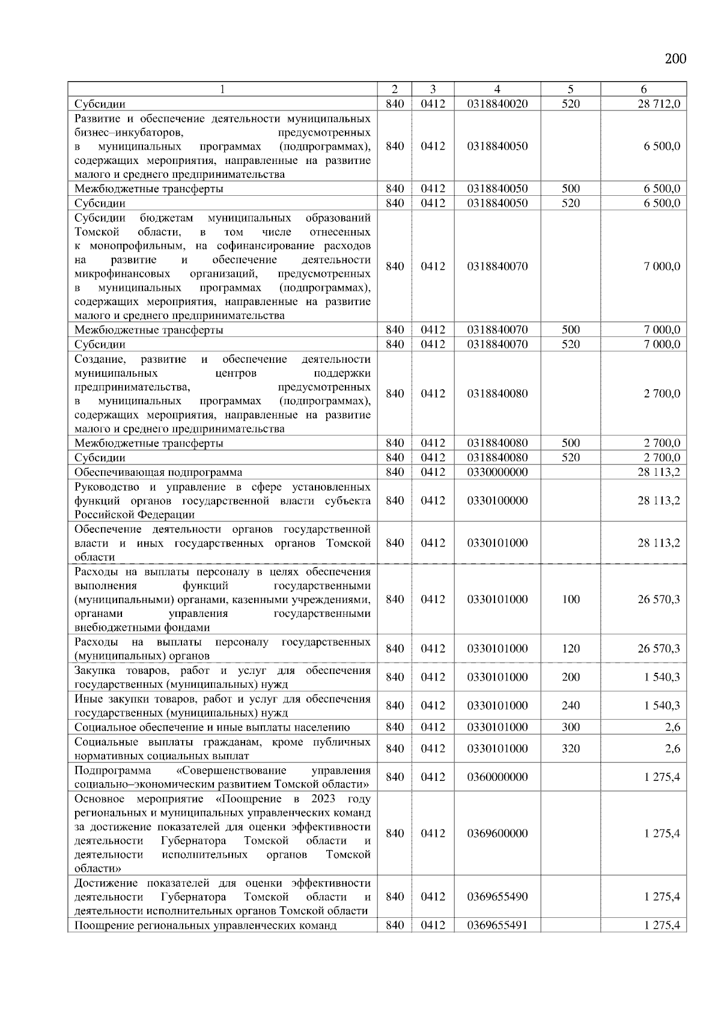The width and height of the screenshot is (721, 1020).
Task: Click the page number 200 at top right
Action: pos(675,58)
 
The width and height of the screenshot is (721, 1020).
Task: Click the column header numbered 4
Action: pos(497,89)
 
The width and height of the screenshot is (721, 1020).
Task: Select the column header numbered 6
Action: pos(643,89)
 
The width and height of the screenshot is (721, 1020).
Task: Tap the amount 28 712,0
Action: pos(659,104)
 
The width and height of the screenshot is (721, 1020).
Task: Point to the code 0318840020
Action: pos(497,104)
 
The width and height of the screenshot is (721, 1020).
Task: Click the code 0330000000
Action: pos(497,472)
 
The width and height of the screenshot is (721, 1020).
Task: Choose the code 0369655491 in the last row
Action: pos(497,925)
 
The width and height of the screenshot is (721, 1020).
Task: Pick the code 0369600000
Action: pos(497,833)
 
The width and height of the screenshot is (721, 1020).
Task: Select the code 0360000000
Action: pos(497,777)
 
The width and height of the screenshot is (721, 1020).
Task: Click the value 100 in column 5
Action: pos(570,600)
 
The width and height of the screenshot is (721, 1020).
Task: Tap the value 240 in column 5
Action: pos(570,706)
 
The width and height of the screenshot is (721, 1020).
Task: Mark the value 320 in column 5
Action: pos(570,748)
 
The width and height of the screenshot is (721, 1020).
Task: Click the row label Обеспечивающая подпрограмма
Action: pos(158,472)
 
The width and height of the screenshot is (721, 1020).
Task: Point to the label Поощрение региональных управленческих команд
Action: pos(205,925)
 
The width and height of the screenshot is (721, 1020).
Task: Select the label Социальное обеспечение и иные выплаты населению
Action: pos(211,727)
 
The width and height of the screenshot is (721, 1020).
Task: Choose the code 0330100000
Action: pos(497,500)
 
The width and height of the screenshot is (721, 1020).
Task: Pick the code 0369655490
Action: pos(497,897)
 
